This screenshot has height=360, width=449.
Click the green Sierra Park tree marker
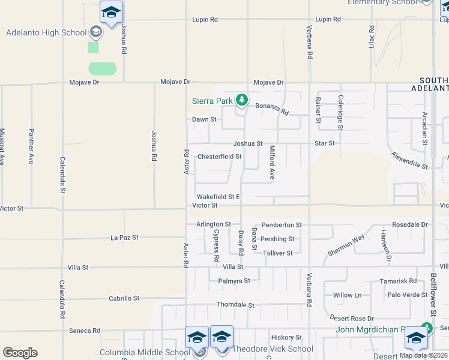(241, 100)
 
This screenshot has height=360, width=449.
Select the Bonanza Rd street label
(272, 109)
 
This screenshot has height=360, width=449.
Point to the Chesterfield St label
(219, 157)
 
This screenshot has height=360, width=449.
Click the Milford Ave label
(272, 163)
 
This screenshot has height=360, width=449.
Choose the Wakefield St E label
(218, 196)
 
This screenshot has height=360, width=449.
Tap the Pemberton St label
(282, 225)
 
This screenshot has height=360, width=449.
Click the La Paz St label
(125, 238)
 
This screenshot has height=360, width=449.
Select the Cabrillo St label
(124, 298)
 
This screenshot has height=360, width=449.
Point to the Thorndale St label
(235, 305)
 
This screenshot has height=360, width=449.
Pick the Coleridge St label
(340, 113)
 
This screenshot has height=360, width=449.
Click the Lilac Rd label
(372, 37)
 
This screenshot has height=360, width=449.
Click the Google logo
(20, 352)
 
